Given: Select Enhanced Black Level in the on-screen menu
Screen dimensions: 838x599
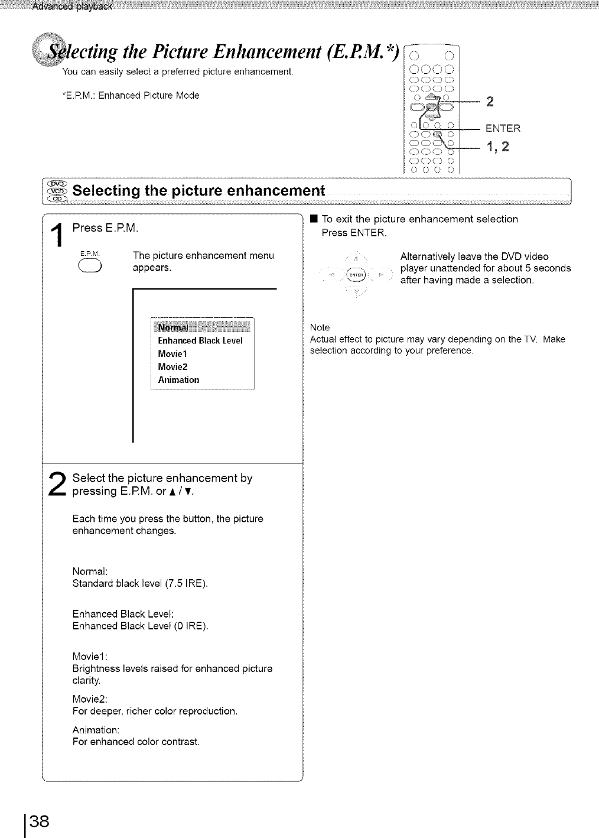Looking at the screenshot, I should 200,341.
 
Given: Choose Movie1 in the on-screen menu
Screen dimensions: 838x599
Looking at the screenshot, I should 172,354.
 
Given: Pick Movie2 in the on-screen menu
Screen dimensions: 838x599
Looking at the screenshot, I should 172,367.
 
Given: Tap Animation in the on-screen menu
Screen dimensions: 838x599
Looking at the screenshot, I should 178,380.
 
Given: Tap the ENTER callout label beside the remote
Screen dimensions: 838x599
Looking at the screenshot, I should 503,128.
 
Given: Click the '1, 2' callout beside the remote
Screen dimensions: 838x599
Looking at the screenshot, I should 497,147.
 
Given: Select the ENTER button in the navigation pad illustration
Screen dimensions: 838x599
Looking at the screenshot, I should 354,275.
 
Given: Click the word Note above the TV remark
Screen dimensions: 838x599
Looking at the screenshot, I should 320,327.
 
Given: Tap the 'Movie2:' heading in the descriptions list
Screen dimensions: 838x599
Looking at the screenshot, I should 90,699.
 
